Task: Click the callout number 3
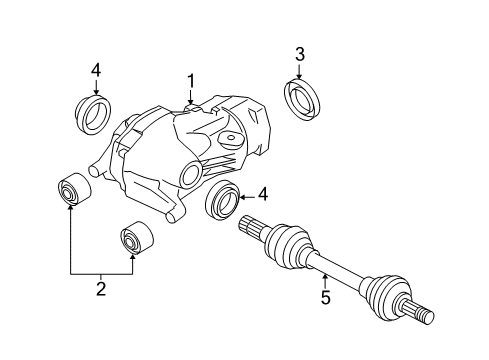[x=299, y=53]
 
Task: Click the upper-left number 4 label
[x=95, y=69]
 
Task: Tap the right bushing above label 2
[x=133, y=240]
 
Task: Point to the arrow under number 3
[x=299, y=69]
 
